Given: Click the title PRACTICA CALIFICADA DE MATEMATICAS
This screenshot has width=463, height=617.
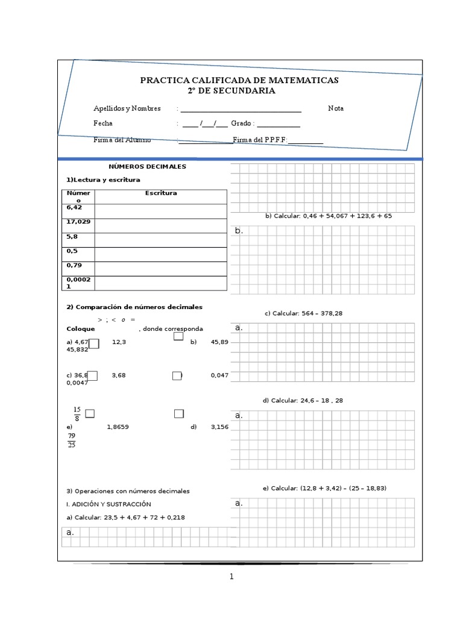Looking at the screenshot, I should click(239, 80).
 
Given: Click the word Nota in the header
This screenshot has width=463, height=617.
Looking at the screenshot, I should click(336, 108).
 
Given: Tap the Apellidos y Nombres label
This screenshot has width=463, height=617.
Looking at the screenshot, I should click(127, 108).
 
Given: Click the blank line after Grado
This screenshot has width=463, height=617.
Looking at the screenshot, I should click(279, 124).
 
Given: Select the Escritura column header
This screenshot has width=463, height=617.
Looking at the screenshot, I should click(161, 193).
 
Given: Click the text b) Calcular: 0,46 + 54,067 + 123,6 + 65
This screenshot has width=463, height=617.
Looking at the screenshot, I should click(328, 216).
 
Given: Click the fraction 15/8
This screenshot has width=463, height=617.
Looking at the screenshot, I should click(77, 414).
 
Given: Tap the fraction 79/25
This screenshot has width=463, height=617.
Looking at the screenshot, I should click(72, 440).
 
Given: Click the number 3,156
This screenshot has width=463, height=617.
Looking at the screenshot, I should click(219, 427).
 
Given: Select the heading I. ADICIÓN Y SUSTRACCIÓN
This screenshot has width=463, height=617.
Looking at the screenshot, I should click(109, 504).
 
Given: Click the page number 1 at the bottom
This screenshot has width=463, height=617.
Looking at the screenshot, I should click(231, 577).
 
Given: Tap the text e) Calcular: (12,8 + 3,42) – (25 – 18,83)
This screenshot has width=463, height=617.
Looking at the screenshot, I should click(329, 488).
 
